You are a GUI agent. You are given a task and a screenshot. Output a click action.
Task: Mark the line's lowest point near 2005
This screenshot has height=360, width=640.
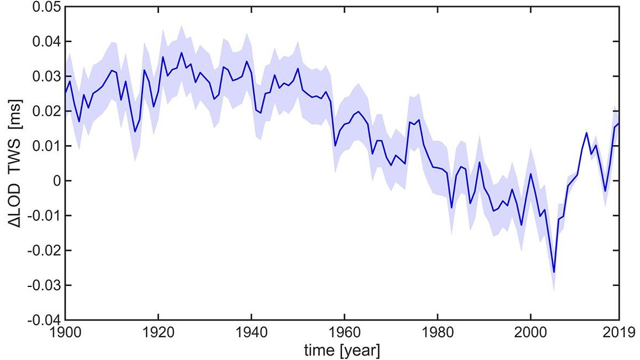click(x=554, y=272)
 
